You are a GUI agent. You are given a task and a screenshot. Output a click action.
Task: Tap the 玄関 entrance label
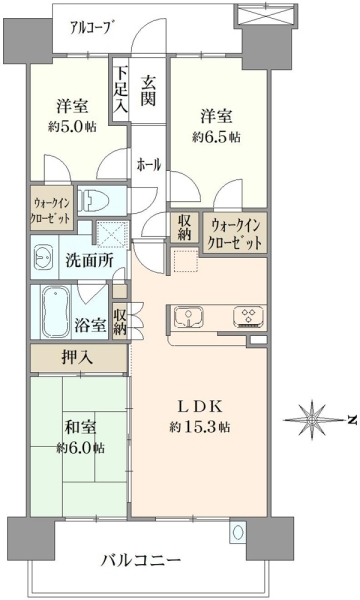click(148, 90)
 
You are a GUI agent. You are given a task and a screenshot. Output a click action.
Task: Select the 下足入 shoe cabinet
click(121, 90)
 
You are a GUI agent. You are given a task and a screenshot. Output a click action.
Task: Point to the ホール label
click(149, 165)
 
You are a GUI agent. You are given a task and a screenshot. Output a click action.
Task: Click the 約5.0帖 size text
click(72, 127)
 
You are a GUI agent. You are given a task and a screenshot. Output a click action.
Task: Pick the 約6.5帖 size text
click(216, 137)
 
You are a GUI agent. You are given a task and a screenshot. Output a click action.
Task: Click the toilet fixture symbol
click(94, 201)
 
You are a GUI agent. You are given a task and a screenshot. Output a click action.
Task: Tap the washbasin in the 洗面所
click(42, 257)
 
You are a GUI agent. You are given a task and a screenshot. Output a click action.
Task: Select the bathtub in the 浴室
click(56, 312)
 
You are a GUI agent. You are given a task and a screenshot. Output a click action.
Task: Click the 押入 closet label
click(77, 358)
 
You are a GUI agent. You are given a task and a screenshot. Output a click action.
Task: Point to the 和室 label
click(80, 427)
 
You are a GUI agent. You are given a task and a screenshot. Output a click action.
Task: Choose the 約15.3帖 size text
click(200, 427)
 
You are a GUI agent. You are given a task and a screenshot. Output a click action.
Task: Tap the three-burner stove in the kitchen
click(249, 317)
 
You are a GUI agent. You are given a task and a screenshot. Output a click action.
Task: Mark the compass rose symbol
click(313, 419)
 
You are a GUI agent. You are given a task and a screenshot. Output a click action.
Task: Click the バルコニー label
click(141, 561)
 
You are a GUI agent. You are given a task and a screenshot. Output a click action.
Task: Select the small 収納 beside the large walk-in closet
click(184, 227)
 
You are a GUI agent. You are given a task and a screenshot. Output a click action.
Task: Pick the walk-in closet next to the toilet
click(52, 208)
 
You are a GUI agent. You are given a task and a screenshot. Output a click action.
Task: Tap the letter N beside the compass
click(353, 420)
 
